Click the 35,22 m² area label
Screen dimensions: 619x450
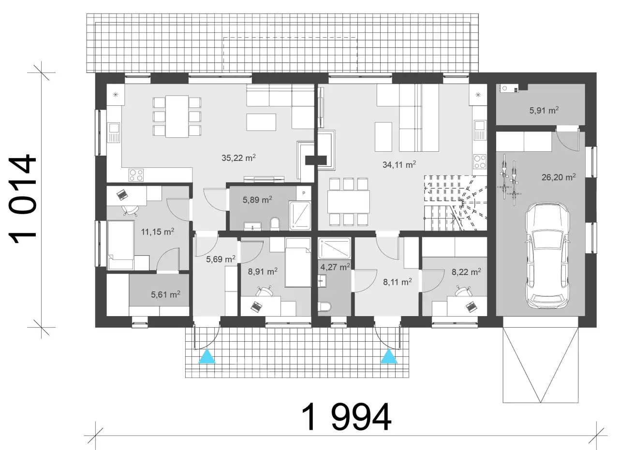tap(238, 158)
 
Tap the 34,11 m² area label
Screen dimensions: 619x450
tap(399, 165)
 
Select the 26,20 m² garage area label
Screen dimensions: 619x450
tap(559, 177)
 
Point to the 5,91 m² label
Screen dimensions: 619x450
tap(544, 111)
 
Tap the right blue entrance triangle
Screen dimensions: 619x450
tap(389, 356)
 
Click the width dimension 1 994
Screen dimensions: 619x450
tap(346, 417)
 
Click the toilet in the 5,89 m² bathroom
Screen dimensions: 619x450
tap(275, 223)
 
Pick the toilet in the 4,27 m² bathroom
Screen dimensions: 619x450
tap(324, 306)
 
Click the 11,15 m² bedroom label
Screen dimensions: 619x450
tap(158, 232)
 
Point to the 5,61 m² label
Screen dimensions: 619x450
tap(165, 294)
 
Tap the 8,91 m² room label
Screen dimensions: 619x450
tap(263, 272)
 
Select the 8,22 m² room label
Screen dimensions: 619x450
tap(466, 272)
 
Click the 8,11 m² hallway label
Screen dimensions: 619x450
tap(398, 282)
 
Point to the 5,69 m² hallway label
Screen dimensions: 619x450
tap(221, 259)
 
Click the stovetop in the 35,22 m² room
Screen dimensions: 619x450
tap(136, 175)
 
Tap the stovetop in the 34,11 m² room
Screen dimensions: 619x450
tap(480, 161)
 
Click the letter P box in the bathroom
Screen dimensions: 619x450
tap(304, 193)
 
